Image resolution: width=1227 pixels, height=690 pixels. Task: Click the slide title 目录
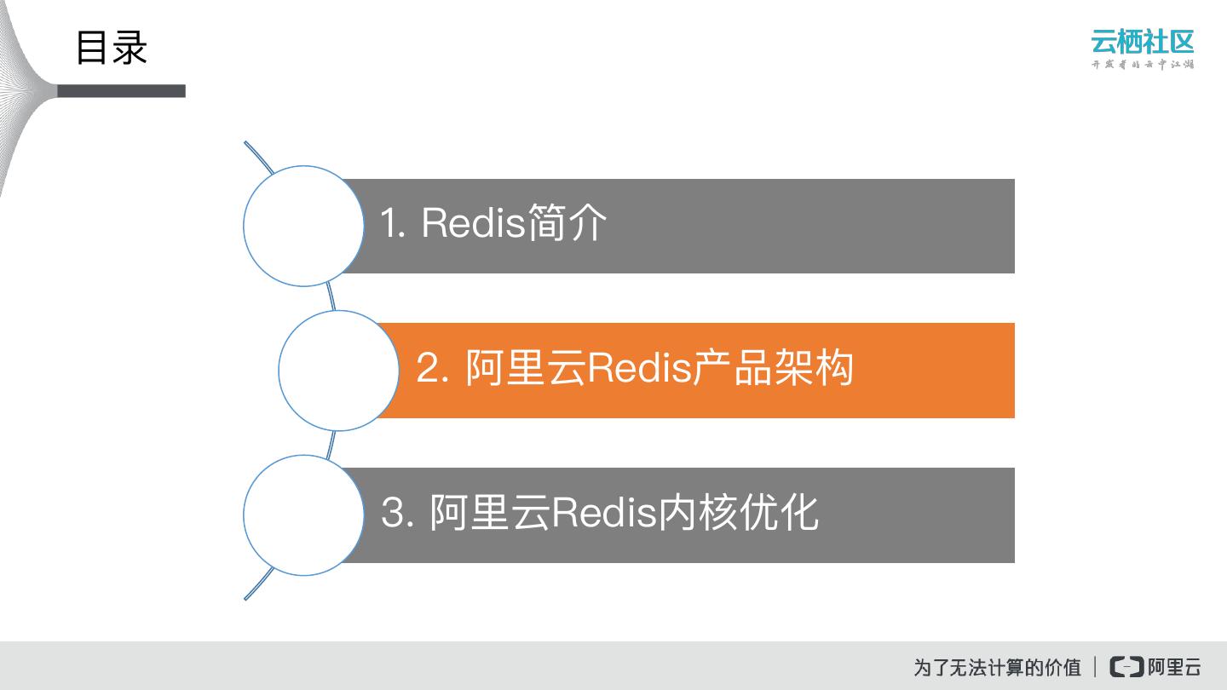pos(112,48)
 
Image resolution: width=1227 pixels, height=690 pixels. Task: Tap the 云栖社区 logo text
pos(1142,41)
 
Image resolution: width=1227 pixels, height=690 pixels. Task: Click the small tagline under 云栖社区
pos(1142,65)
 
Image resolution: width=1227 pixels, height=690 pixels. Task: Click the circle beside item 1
pos(303,226)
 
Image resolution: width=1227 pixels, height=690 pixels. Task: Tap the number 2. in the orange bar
pos(433,368)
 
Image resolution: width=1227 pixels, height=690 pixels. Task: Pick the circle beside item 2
pos(338,371)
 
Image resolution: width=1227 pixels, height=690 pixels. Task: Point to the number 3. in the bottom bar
pos(398,513)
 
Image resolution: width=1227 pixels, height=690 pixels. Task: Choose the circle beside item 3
pos(303,515)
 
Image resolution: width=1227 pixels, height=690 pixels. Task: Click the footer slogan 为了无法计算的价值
pos(997,667)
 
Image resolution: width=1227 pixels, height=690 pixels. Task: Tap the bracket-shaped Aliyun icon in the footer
pos(1126,666)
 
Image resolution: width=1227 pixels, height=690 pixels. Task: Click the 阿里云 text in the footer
pos(1174,666)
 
